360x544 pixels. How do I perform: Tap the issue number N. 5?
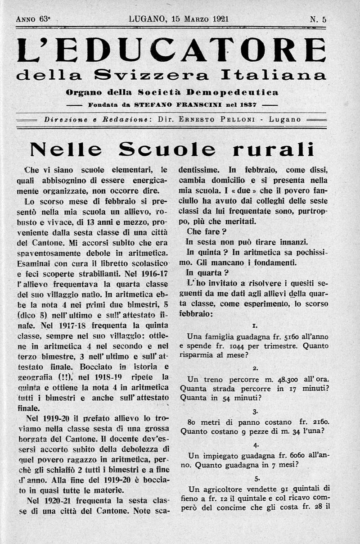point(318,19)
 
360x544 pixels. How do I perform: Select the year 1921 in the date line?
point(220,19)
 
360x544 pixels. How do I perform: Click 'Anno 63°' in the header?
point(33,19)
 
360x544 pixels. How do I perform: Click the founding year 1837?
point(248,104)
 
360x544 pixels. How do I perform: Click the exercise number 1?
point(255,325)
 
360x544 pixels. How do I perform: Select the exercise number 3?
point(255,411)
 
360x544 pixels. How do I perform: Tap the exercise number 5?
point(256,478)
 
